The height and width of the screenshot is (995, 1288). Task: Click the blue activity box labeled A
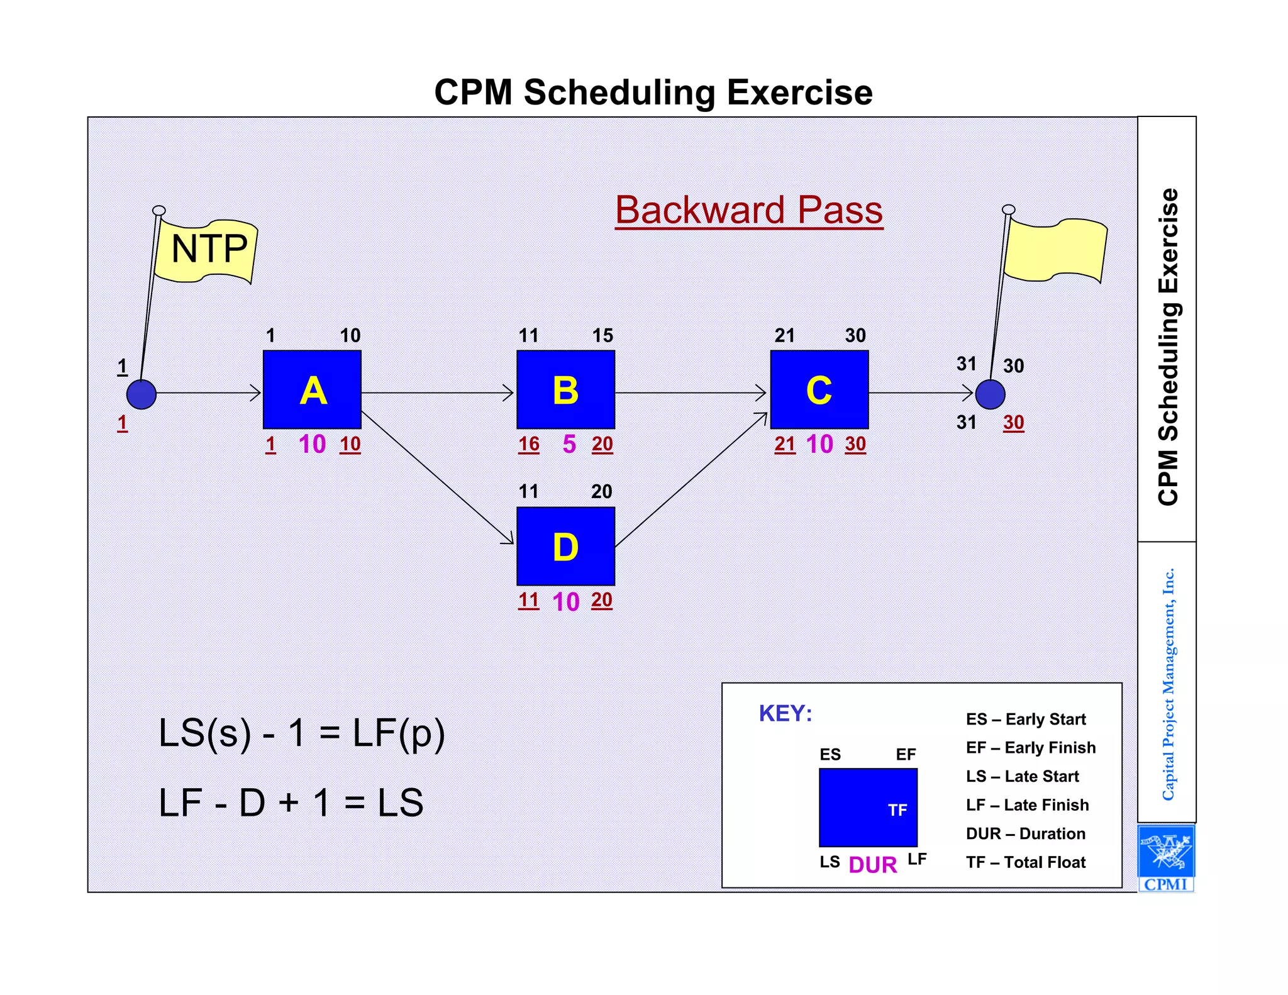pyautogui.click(x=312, y=389)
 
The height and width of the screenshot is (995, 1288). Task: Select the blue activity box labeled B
pyautogui.click(x=565, y=389)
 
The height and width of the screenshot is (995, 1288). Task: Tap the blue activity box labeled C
pyautogui.click(x=819, y=389)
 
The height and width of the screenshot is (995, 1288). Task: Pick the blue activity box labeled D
pyautogui.click(x=565, y=546)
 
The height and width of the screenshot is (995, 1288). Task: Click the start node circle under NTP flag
pyautogui.click(x=142, y=394)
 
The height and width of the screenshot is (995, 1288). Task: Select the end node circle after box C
pyautogui.click(x=990, y=394)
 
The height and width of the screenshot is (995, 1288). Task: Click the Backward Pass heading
pyautogui.click(x=748, y=210)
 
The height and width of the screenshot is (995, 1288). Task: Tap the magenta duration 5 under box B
pyautogui.click(x=569, y=444)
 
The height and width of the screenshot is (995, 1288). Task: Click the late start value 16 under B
pyautogui.click(x=528, y=444)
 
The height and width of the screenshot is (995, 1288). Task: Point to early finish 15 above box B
pyautogui.click(x=602, y=335)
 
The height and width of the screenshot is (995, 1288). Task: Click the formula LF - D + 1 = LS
pyautogui.click(x=291, y=803)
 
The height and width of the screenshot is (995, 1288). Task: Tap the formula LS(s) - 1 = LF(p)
pyautogui.click(x=302, y=733)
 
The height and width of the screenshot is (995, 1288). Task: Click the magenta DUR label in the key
pyautogui.click(x=872, y=865)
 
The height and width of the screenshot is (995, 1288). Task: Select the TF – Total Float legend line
pyautogui.click(x=1025, y=862)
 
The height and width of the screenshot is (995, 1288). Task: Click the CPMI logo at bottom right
pyautogui.click(x=1166, y=858)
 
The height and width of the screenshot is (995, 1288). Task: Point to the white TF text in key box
pyautogui.click(x=897, y=810)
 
